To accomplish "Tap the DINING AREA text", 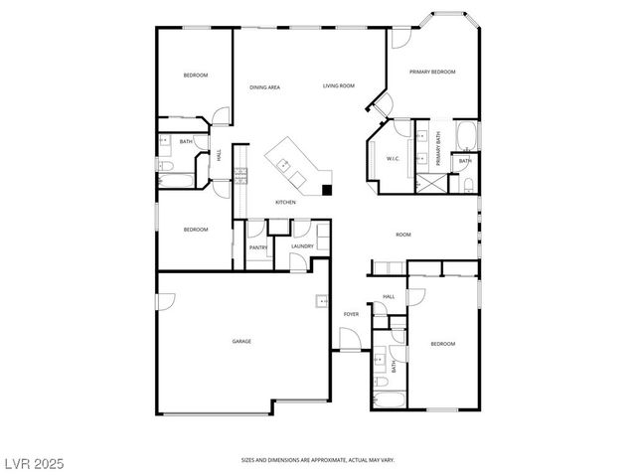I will coord(264,87).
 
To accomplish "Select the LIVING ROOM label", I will coord(338,86).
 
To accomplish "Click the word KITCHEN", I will coord(286,202).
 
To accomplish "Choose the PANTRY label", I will coord(257,246).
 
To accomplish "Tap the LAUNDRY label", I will coord(302,245).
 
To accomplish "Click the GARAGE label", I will coord(241,341).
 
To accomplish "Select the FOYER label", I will coord(351,314).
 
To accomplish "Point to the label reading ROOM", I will coord(403,235).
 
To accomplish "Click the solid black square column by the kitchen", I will coord(327,188).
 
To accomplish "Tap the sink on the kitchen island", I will coord(283,163).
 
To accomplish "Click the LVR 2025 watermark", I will coord(36,462).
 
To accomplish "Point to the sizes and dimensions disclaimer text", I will coord(317,460).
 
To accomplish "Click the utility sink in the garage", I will coord(321,302).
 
